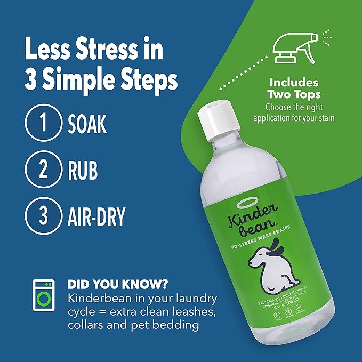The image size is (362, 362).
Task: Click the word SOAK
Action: pyautogui.click(x=87, y=123)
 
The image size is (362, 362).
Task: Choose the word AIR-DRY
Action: pyautogui.click(x=96, y=217)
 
